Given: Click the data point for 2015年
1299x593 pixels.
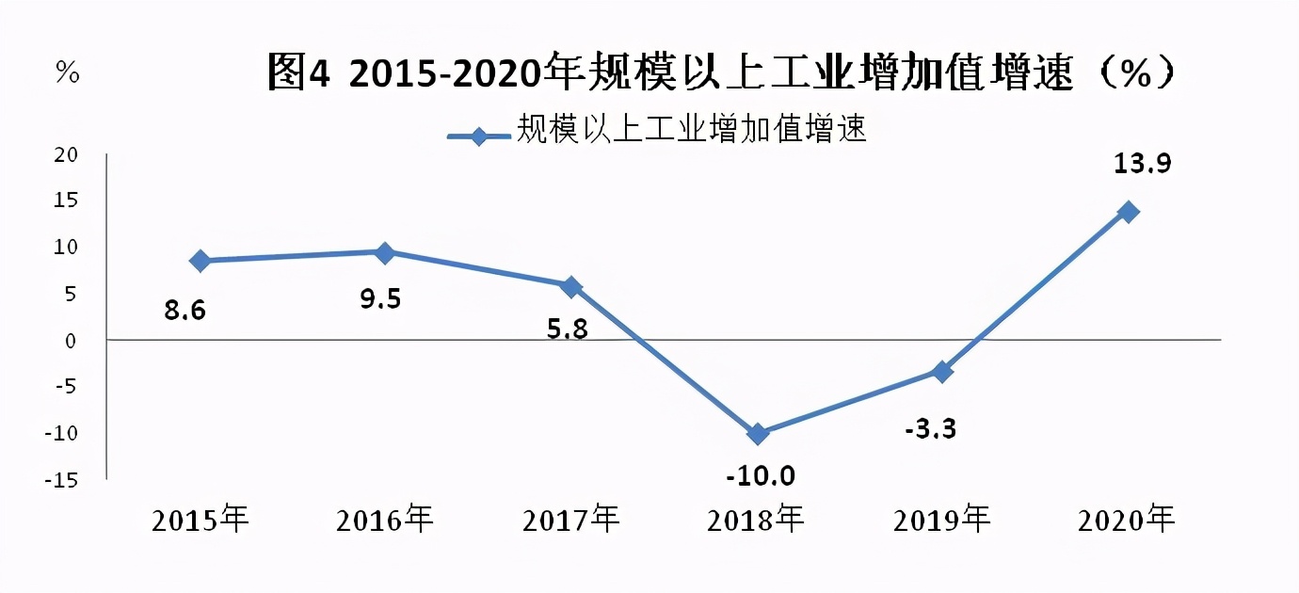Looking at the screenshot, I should pyautogui.click(x=200, y=261).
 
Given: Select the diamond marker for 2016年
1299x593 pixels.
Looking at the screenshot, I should pyautogui.click(x=385, y=252).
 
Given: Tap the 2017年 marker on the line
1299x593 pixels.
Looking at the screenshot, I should pyautogui.click(x=570, y=286).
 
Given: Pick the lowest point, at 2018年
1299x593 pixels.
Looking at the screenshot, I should pyautogui.click(x=758, y=434).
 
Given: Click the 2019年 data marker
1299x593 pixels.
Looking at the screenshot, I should pyautogui.click(x=942, y=372).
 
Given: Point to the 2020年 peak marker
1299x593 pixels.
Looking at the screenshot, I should pyautogui.click(x=1128, y=212).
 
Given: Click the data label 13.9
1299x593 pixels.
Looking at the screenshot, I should pyautogui.click(x=1141, y=164).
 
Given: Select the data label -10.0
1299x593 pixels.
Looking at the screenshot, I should pyautogui.click(x=761, y=475).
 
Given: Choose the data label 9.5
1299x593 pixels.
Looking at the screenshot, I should pyautogui.click(x=380, y=299).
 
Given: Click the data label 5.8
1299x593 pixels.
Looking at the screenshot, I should pyautogui.click(x=568, y=330).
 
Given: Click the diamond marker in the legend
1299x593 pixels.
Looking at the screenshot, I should pyautogui.click(x=480, y=136).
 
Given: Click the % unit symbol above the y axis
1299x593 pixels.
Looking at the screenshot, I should pyautogui.click(x=67, y=72).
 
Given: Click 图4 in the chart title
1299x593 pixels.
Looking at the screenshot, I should pyautogui.click(x=298, y=72).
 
